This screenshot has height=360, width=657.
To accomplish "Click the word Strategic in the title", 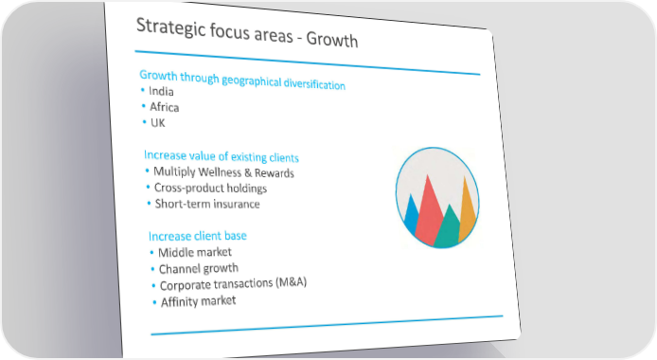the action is tap(171, 28).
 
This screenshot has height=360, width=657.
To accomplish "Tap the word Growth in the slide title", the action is tap(332, 40).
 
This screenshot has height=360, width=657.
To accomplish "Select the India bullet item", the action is tap(161, 91).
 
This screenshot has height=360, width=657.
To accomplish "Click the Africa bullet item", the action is tap(165, 107).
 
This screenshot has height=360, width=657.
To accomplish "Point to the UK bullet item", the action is tap(157, 123).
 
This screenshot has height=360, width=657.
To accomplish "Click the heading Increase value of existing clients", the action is tap(222, 156).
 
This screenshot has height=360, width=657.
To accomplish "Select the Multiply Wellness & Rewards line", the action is tap(223, 172).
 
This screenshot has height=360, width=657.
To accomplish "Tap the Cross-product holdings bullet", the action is tap(210, 188).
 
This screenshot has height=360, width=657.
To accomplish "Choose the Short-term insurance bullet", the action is tap(207, 204).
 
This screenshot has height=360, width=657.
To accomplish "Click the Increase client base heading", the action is tap(198, 236).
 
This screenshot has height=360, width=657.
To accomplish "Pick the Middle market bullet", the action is tap(195, 252).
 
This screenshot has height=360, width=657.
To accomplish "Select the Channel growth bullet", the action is tap(199, 269).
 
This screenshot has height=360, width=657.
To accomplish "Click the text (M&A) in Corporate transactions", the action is tap(292, 282).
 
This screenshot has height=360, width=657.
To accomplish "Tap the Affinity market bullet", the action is tap(199, 301).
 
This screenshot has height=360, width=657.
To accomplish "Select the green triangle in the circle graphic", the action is tap(449, 228).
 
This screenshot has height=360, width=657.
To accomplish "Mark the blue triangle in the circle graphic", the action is tap(411, 214).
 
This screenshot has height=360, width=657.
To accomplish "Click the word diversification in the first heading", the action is tap(314, 83).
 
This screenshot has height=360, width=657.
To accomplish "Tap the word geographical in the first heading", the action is tap(252, 81).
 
